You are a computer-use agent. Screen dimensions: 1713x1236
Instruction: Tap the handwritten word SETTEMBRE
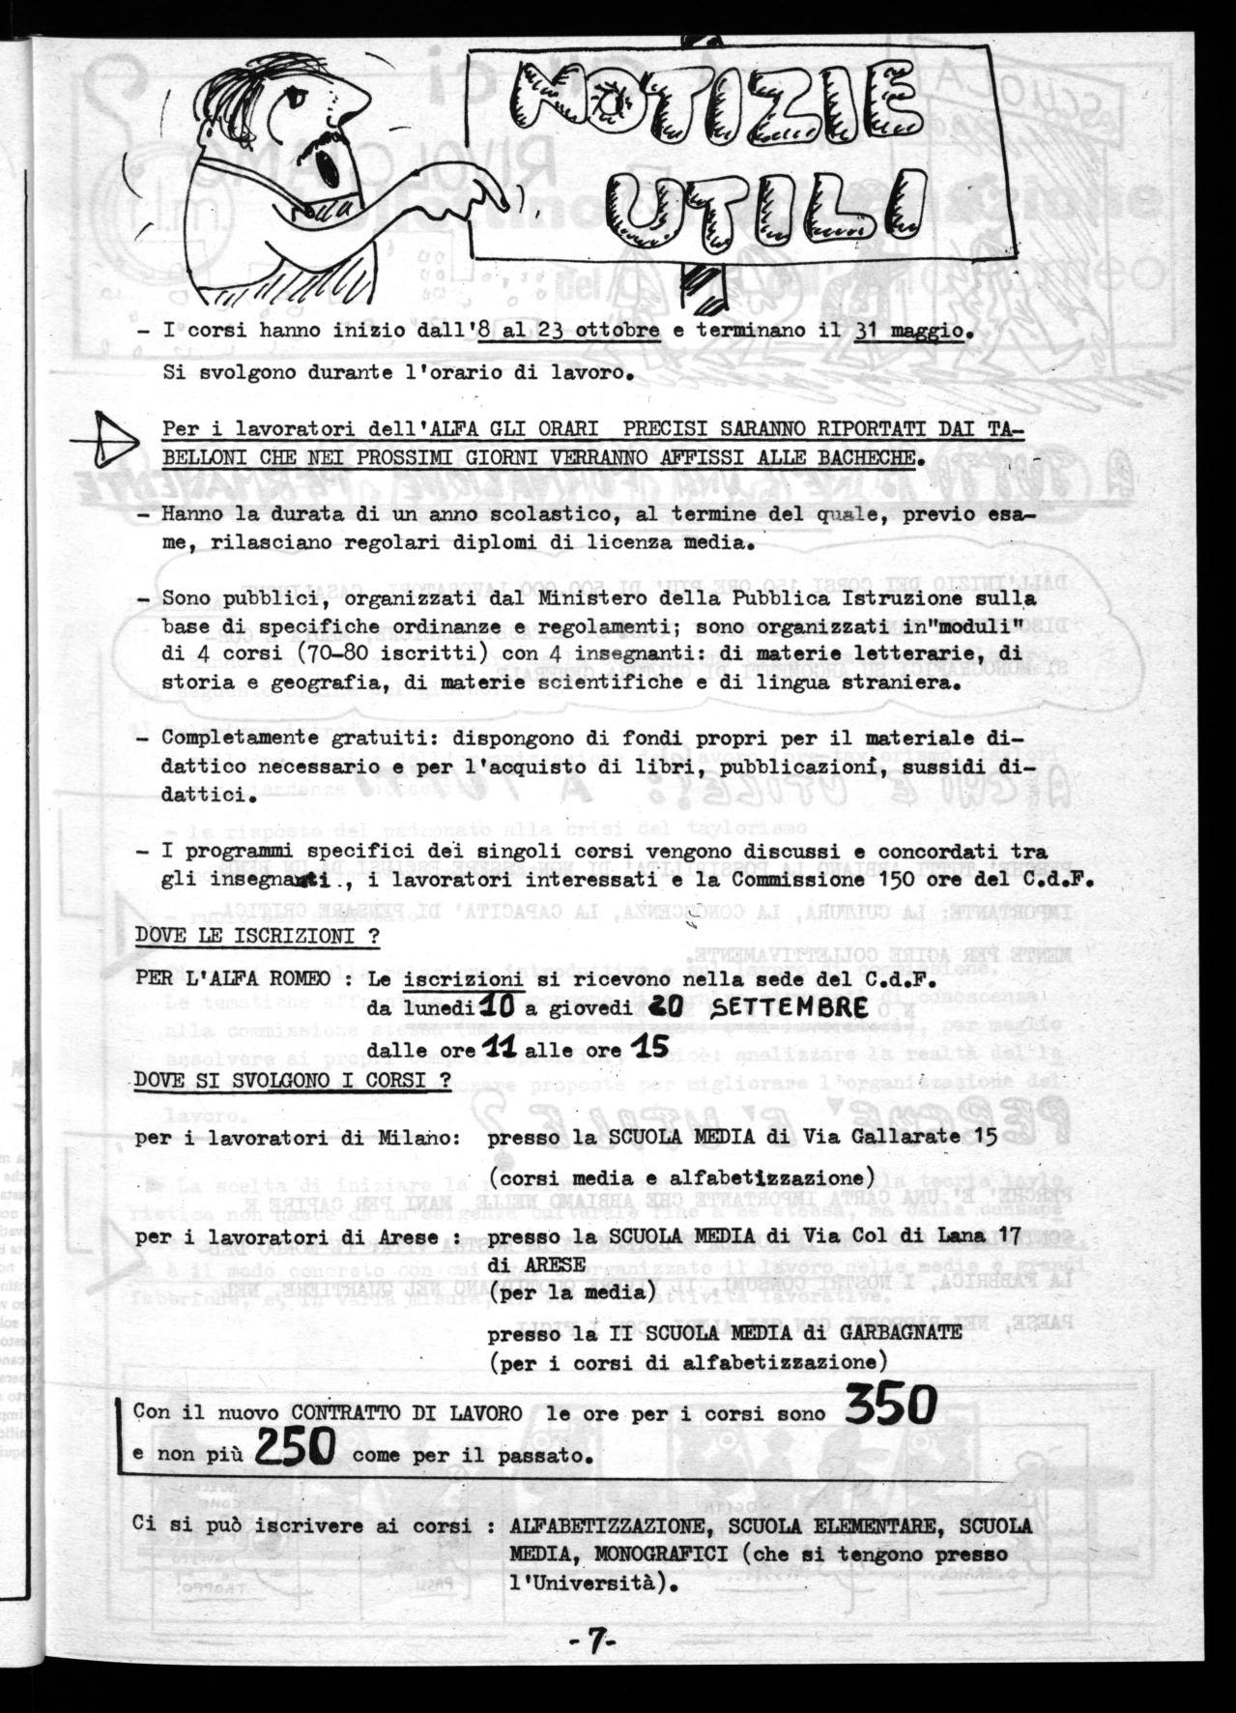(x=786, y=1007)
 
